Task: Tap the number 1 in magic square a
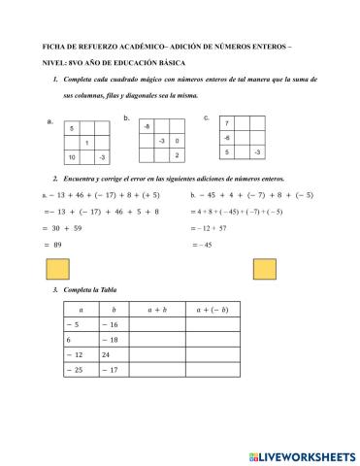[87, 143]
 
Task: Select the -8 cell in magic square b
[147, 127]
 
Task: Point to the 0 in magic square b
[177, 142]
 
